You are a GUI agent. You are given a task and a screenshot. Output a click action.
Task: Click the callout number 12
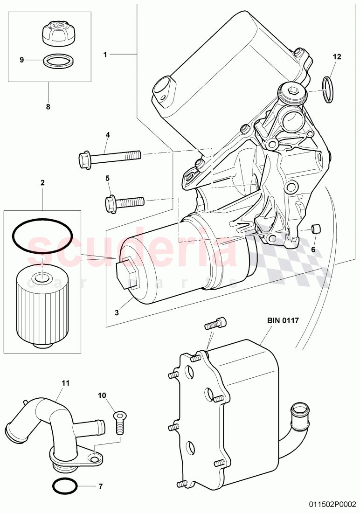(337, 56)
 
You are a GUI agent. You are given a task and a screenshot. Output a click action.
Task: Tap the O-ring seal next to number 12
(329, 88)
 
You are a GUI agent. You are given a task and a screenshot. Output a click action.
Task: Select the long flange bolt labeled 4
(109, 157)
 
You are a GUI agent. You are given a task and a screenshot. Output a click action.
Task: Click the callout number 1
(105, 54)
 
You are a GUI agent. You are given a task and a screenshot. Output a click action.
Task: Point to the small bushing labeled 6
(317, 229)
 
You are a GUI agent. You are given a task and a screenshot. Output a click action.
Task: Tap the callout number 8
(48, 106)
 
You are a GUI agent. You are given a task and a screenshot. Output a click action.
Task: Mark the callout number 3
(117, 313)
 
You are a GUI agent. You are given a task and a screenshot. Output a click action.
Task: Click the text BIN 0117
(283, 320)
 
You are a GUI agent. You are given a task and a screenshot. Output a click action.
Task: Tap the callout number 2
(43, 183)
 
